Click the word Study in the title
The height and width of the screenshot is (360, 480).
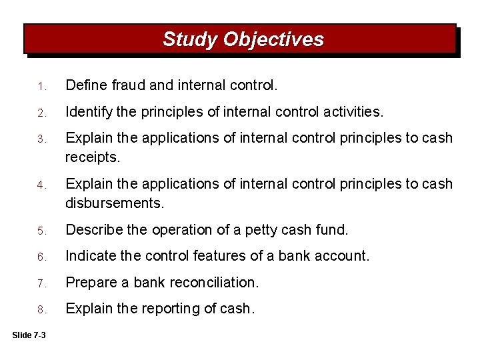[x=190, y=40]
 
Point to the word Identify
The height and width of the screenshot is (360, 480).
[x=88, y=112]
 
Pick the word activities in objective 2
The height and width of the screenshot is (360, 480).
[x=353, y=112]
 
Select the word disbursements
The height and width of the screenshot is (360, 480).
[x=114, y=203]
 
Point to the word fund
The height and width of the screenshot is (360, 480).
[x=333, y=230]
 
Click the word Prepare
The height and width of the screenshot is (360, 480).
[x=90, y=283]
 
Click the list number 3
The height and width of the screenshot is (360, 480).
[x=41, y=139]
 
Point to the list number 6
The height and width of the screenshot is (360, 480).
[x=41, y=257]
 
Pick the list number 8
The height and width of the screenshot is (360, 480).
[x=41, y=310]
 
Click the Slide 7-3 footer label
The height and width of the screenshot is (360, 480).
[x=29, y=335]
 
